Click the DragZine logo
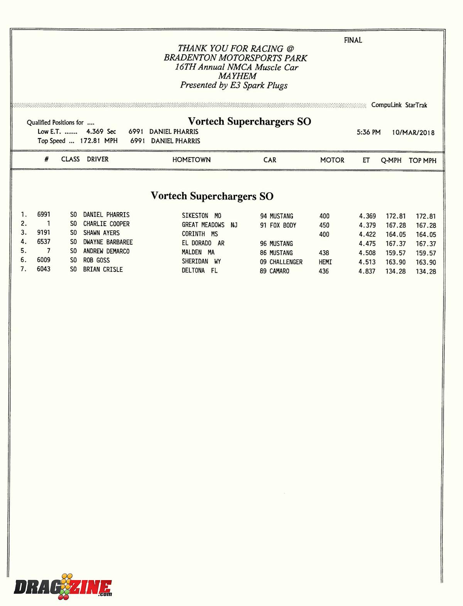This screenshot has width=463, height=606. (63, 587)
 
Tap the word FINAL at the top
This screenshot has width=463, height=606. (353, 40)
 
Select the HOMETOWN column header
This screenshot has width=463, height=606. (191, 160)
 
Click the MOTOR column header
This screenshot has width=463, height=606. (332, 160)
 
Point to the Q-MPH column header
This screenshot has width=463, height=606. (391, 160)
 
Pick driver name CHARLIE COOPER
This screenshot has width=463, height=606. (106, 224)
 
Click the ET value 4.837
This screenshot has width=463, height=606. (367, 271)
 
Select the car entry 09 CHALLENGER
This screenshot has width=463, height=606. (281, 262)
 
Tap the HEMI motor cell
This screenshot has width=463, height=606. (325, 262)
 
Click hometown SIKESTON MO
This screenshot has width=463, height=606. (201, 216)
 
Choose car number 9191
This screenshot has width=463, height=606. (44, 233)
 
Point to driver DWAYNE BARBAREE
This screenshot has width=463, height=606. (108, 242)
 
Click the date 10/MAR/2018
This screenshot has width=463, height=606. (413, 133)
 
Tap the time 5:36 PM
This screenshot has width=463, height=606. (368, 132)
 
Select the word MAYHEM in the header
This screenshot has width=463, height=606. (237, 76)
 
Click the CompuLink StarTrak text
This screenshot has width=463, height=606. (399, 105)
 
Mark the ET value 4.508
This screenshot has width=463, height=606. (367, 253)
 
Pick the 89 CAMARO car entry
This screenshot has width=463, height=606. (274, 271)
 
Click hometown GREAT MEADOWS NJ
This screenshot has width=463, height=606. (210, 225)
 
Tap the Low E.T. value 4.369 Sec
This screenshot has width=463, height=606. (101, 132)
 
